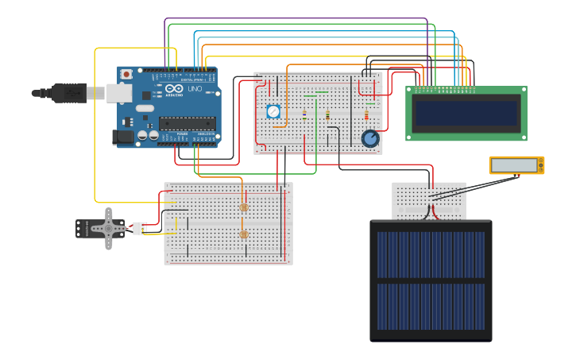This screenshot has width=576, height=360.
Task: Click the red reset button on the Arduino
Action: [x=126, y=74]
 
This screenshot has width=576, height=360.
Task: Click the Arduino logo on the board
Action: [x=175, y=89]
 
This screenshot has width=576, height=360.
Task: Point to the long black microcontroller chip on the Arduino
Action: [x=187, y=122]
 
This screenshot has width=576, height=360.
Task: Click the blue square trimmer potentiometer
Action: [x=273, y=111]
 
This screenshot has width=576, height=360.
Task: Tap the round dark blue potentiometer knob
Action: [x=370, y=139]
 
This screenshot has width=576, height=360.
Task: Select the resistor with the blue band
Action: [x=304, y=114]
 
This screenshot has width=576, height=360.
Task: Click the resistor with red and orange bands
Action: [x=366, y=115]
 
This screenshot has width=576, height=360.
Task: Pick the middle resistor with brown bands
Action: [x=327, y=115]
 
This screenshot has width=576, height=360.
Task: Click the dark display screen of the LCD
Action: [x=466, y=113]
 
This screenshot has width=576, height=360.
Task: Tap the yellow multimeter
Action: [x=516, y=165]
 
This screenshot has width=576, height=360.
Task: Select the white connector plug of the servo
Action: [x=140, y=228]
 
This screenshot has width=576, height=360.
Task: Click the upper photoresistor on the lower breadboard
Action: [x=244, y=207]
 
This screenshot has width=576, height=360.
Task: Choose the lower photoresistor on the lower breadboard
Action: [x=244, y=234]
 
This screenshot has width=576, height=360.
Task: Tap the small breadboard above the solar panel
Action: [x=429, y=200]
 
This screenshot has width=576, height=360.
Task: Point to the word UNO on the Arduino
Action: [x=195, y=89]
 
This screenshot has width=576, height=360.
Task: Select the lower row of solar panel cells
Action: [x=431, y=306]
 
